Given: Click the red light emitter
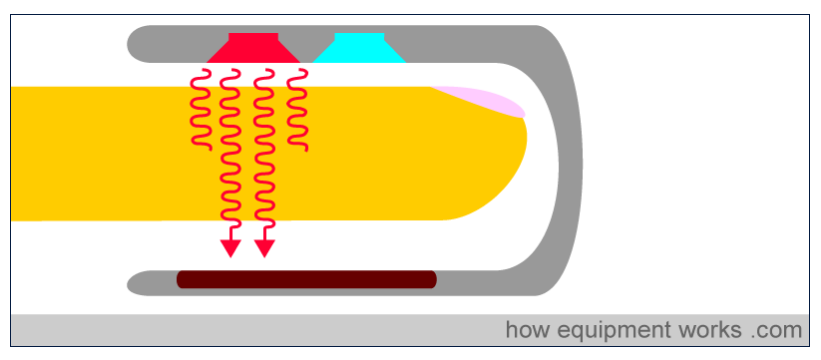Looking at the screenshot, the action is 253,49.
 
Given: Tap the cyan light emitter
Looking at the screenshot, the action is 359,49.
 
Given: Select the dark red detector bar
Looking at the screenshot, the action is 307,279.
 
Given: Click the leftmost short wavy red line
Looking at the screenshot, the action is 201,110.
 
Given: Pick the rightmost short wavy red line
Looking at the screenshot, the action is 297,110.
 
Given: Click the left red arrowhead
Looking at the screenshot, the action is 230,249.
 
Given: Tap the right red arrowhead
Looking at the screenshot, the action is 264,249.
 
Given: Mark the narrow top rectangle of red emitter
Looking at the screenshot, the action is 253,37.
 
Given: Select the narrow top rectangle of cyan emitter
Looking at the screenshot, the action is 359,37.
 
